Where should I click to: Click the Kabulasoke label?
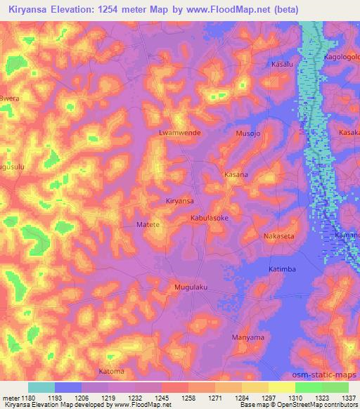210,219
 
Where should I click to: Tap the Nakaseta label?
279,236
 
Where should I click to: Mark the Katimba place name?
283,269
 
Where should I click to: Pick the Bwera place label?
8,98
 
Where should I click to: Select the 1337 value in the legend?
349,398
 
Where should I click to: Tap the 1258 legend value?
188,398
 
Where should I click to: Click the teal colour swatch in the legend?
41,387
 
